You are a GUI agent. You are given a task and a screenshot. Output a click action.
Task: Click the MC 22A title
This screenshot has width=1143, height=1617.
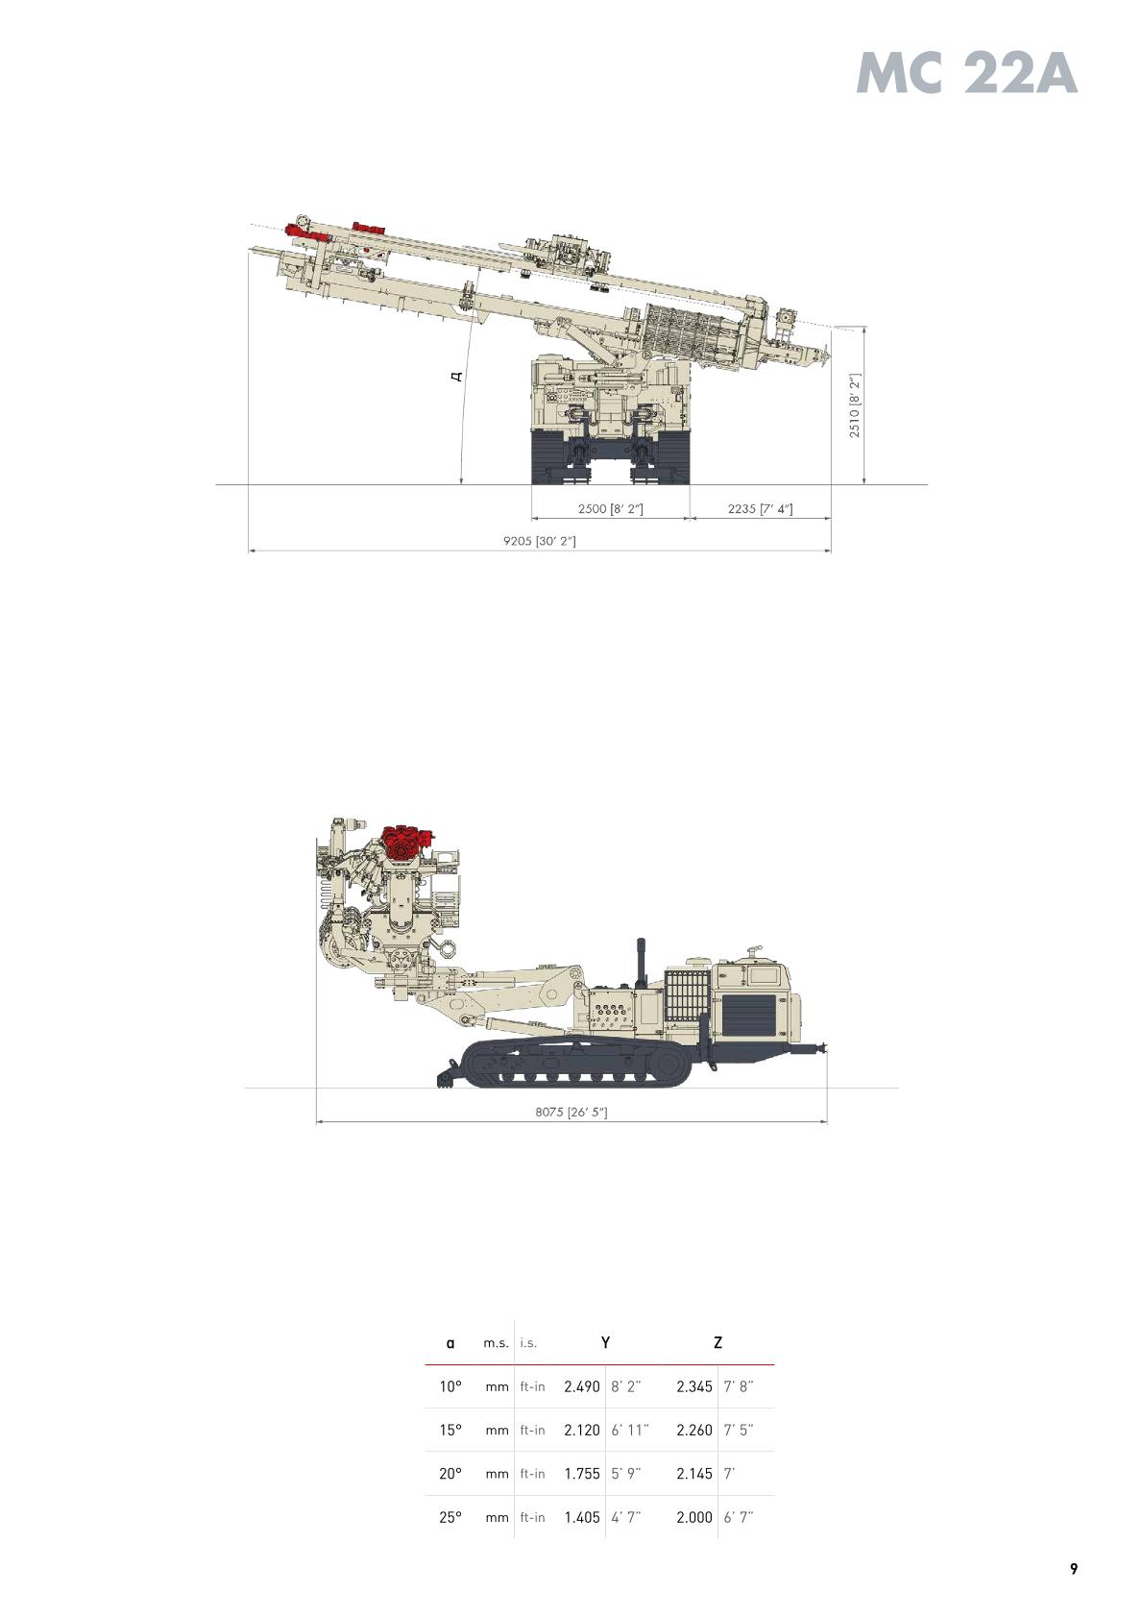coord(967,74)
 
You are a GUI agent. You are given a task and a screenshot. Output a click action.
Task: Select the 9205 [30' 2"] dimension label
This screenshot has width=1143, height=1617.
coord(540,541)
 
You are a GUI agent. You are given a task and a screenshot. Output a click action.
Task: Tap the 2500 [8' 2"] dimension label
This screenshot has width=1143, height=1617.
coord(611,508)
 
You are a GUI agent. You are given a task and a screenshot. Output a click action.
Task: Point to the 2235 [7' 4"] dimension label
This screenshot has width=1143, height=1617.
coord(760,508)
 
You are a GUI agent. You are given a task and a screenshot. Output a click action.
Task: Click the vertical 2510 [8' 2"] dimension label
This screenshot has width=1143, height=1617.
coord(854,405)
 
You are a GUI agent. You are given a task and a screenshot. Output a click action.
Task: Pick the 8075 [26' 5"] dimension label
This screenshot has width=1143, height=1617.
coord(571,1112)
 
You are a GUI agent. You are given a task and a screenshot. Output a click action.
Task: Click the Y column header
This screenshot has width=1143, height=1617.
coord(605,1342)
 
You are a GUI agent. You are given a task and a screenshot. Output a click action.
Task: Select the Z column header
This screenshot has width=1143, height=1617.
coord(718,1342)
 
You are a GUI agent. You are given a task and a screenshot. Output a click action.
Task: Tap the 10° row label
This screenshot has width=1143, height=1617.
coord(450,1386)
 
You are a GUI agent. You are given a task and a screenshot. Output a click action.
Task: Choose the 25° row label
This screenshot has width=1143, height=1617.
coord(450,1517)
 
